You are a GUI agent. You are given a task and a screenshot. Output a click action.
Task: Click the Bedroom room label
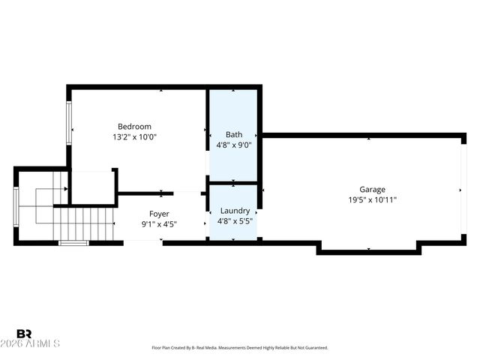134,126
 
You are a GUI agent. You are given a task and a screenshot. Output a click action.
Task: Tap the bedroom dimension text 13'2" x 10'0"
134,137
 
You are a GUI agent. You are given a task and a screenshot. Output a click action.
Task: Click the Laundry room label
233,211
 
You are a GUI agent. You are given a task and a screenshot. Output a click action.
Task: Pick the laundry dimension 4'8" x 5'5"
233,222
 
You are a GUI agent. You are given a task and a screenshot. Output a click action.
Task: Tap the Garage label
372,190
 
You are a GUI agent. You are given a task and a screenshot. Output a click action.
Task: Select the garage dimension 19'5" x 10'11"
372,200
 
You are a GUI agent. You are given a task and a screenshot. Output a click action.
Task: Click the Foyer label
158,214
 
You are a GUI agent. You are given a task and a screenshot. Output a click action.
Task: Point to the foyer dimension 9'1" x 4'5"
158,224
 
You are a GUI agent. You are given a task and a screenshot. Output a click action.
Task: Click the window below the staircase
73,242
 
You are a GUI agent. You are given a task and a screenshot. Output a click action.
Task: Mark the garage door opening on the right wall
463,190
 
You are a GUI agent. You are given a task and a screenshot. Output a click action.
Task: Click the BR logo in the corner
24,334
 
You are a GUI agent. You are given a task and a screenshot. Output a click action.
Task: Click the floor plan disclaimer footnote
239,348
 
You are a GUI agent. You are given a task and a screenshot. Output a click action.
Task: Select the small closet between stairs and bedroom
92,187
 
